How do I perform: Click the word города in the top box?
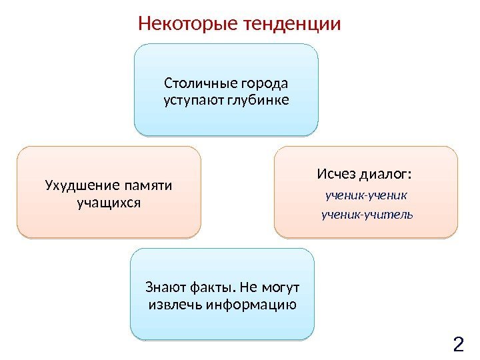point(267,84)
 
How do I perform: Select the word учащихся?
point(109,201)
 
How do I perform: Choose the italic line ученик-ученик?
point(366,197)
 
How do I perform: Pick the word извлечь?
point(175,305)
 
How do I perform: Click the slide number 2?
point(458,345)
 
